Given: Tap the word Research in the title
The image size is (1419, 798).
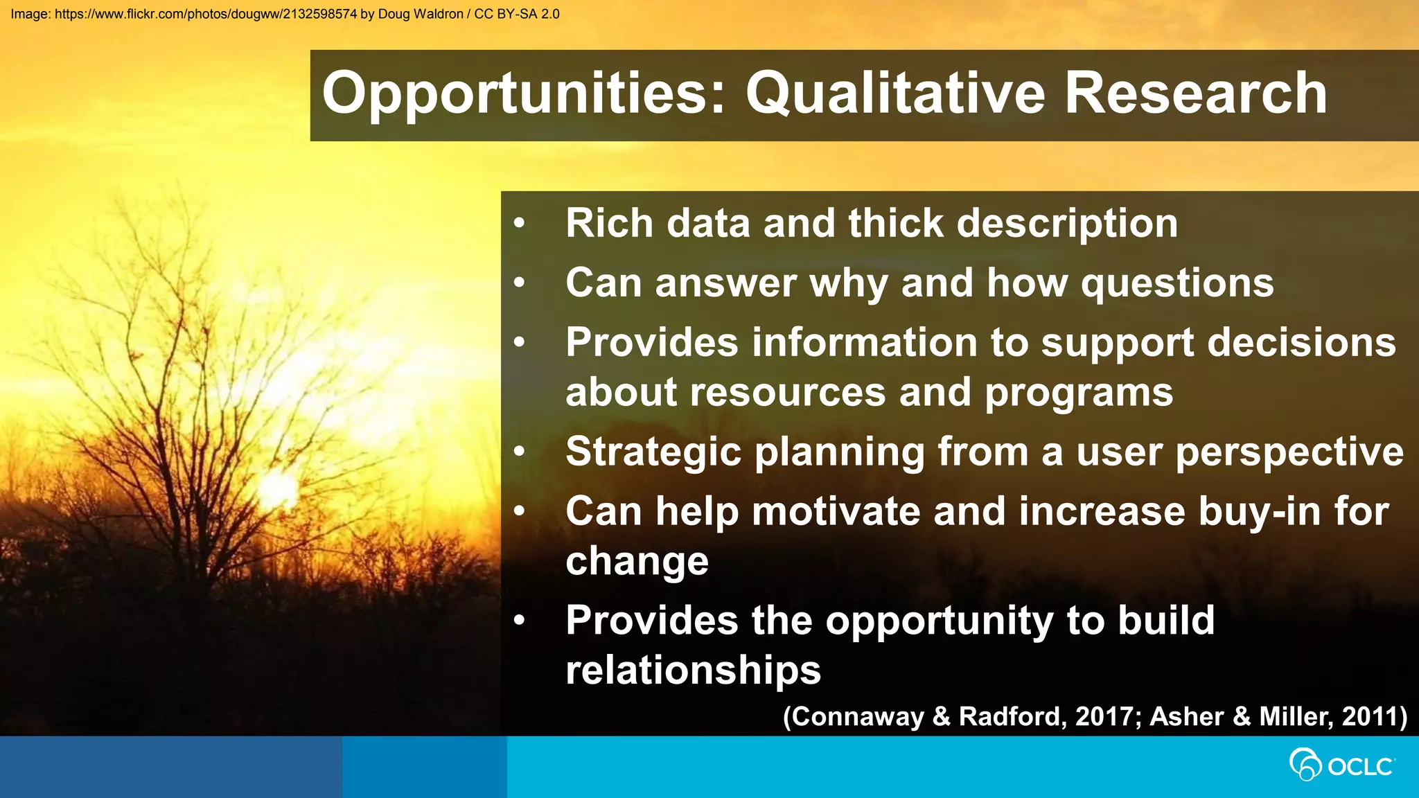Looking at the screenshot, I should (1195, 94).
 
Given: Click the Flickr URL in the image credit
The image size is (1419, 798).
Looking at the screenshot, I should (206, 14).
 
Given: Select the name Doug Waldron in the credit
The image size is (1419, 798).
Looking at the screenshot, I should (420, 14).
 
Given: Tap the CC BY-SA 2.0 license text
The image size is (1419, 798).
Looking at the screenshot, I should (516, 14).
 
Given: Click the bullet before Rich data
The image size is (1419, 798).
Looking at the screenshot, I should (519, 224).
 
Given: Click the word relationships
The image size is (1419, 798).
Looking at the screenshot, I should (693, 671).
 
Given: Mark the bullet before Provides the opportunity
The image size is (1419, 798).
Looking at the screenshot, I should (519, 621).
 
